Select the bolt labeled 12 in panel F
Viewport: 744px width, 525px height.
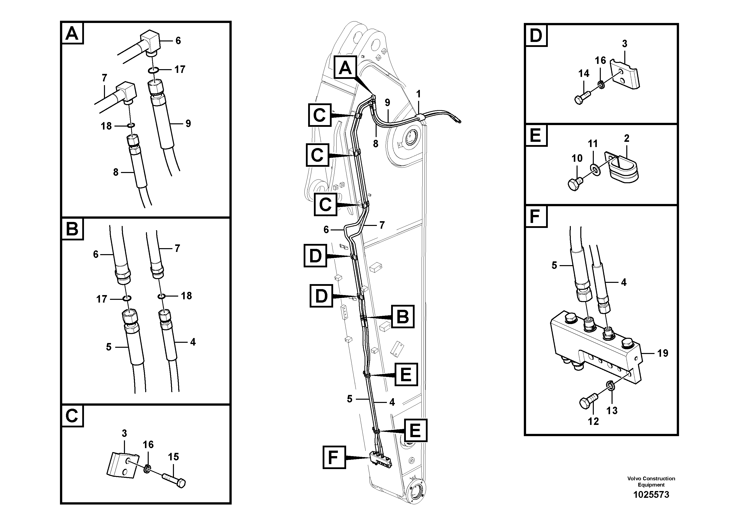(x=587, y=403)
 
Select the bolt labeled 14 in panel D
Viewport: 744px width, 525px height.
(x=583, y=96)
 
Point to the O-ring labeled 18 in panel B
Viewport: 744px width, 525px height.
(x=161, y=296)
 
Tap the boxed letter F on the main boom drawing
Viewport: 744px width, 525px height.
(x=334, y=457)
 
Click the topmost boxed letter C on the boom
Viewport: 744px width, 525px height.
(x=319, y=115)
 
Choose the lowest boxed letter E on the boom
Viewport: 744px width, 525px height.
(x=415, y=430)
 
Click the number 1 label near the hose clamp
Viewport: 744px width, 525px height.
(x=418, y=94)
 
